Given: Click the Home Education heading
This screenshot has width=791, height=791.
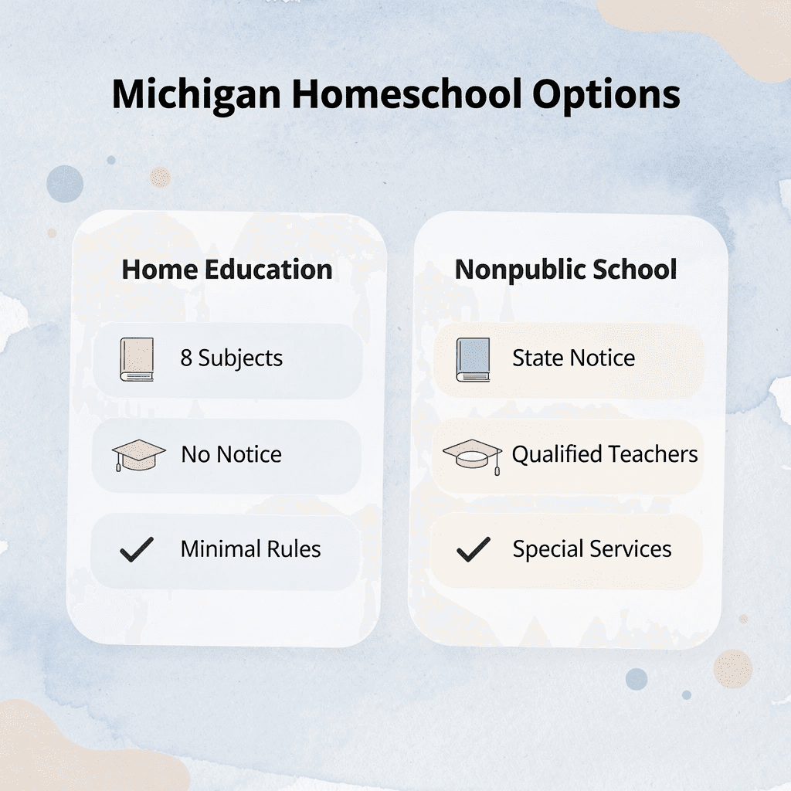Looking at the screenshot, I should click(227, 270).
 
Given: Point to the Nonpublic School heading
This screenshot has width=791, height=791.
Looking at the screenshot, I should click(566, 270).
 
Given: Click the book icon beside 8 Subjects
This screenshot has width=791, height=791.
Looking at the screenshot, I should click(137, 359).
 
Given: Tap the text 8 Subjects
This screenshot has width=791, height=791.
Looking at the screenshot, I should click(232, 358).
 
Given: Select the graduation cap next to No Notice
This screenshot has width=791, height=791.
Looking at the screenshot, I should click(138, 455).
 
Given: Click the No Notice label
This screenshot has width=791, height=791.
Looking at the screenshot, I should click(232, 454).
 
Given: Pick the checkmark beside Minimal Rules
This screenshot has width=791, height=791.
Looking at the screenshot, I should click(137, 550).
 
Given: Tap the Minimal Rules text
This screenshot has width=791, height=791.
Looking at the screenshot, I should click(250, 549).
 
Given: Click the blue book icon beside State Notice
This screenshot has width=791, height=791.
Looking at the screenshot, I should click(473, 359).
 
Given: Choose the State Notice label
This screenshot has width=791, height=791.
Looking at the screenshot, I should click(573, 358).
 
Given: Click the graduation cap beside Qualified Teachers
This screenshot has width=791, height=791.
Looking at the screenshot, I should click(472, 455).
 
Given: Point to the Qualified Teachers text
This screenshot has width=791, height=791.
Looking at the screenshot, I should click(605, 454).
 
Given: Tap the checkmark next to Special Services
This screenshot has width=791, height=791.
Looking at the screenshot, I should click(473, 550).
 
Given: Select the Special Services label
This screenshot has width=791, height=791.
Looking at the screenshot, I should click(592, 549).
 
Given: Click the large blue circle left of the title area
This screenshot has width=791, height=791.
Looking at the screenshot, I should click(65, 184).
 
